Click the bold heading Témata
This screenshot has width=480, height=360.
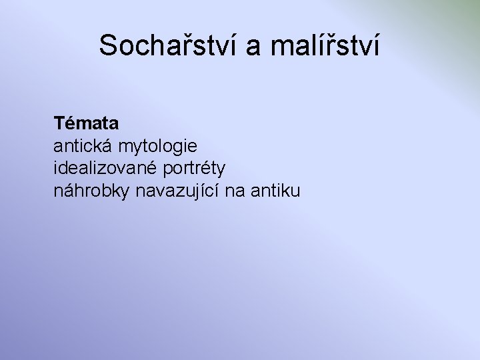click(x=87, y=123)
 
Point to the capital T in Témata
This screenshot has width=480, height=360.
click(x=59, y=123)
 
